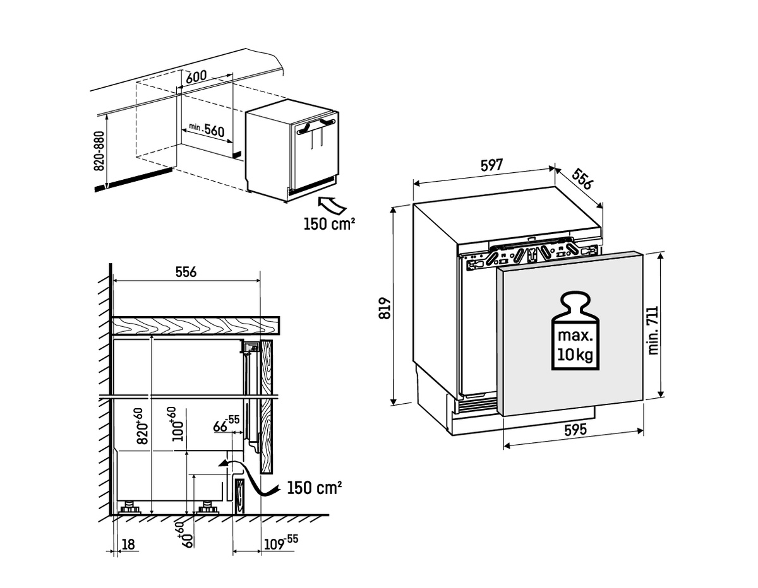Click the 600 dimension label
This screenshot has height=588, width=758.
click(197, 76)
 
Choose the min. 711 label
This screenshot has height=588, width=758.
click(654, 330)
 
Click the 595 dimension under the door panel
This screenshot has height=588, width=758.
click(575, 430)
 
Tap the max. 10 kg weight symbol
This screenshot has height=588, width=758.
click(574, 332)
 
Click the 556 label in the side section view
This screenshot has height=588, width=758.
click(186, 272)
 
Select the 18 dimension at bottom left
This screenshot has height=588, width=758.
click(128, 544)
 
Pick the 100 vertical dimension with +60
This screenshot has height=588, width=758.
click(179, 424)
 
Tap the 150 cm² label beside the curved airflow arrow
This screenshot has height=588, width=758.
click(314, 488)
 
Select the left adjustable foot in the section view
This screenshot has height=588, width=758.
click(131, 507)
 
